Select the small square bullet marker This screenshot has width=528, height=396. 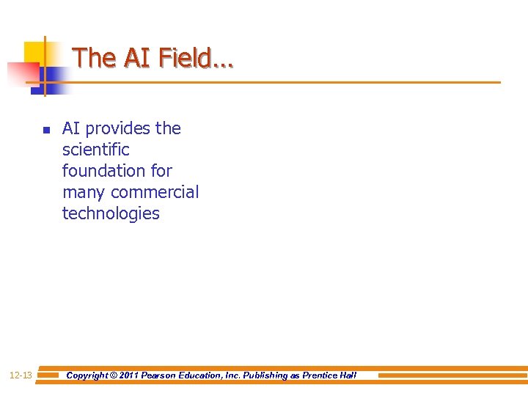tap(45, 131)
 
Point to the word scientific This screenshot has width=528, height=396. tap(95, 150)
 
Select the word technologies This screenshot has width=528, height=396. tap(111, 213)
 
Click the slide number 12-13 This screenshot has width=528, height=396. tap(21, 375)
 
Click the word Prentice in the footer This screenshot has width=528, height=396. tap(320, 375)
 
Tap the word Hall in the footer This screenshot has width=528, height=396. tap(348, 375)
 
